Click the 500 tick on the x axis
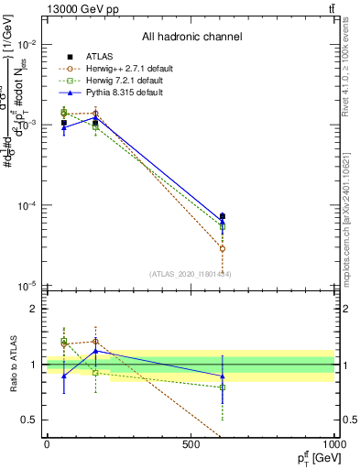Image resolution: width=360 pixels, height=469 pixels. point(191,445)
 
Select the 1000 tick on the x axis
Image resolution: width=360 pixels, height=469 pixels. point(333,445)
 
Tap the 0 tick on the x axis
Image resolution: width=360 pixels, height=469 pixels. point(47,445)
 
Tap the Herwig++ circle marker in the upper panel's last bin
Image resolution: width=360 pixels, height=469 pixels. point(223,248)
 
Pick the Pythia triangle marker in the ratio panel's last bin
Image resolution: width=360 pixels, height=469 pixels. point(223,376)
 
